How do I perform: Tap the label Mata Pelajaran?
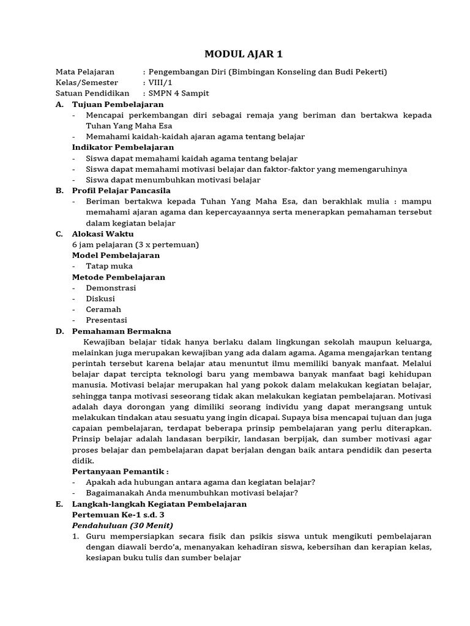[85, 72]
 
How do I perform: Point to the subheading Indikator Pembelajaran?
[123, 147]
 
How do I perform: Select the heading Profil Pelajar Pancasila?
[121, 191]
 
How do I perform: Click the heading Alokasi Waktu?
[103, 234]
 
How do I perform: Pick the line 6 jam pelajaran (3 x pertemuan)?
[135, 245]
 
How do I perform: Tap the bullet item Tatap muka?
[109, 266]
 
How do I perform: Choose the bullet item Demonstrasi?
[111, 288]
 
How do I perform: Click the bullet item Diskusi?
[100, 299]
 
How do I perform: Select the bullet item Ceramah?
[103, 309]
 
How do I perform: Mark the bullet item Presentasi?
[106, 320]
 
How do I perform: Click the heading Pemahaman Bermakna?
[122, 331]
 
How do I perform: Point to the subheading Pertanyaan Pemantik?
[120, 471]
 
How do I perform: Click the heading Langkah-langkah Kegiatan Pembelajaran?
[159, 504]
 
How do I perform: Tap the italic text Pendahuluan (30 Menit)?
[122, 525]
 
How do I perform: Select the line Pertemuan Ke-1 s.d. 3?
[118, 515]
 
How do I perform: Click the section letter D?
[59, 331]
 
